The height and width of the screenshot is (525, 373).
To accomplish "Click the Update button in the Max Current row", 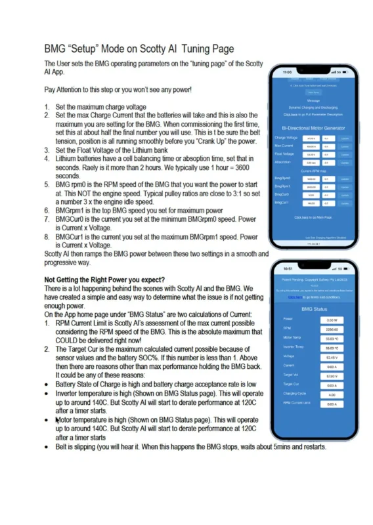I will [345, 147].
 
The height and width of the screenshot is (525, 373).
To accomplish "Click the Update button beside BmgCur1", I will [345, 203].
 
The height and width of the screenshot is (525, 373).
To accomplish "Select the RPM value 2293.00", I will [332, 329].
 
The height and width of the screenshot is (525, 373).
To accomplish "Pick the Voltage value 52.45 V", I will [332, 357].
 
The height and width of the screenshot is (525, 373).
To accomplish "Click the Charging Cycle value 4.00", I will [332, 394].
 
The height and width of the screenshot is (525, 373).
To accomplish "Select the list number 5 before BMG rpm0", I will [47, 185].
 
